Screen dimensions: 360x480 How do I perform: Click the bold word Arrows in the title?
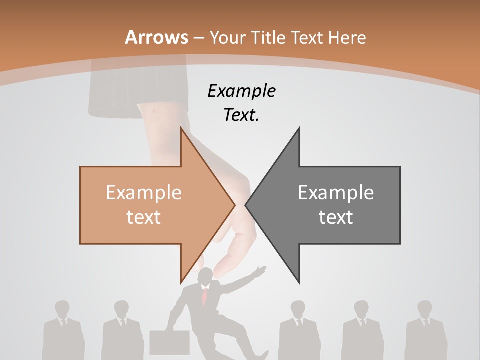157,37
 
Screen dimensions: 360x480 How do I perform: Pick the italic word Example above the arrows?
241,91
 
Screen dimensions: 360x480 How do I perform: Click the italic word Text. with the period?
241,115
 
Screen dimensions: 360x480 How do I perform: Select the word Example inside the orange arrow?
144,192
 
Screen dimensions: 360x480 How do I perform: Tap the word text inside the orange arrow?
144,217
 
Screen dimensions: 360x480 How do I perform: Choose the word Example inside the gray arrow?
336,192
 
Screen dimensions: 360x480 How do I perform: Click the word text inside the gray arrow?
336,217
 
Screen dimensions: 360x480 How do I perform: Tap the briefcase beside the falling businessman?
169,342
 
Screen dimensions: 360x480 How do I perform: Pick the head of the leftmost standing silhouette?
62,309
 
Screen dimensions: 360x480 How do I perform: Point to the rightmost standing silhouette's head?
425,309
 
